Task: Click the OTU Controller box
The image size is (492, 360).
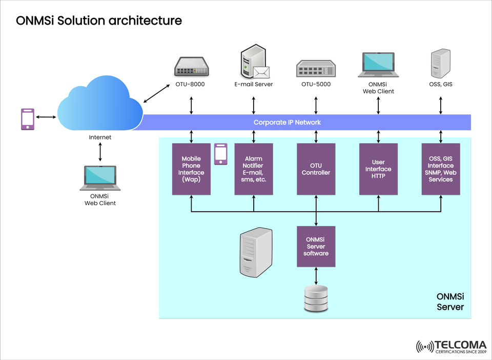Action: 316,169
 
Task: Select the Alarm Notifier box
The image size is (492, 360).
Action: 254,169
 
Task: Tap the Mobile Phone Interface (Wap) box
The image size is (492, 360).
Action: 191,169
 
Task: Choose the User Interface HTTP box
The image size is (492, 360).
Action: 378,169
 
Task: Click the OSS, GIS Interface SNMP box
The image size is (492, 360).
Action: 441,169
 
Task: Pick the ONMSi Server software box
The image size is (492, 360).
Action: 316,246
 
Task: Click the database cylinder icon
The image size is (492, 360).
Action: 316,299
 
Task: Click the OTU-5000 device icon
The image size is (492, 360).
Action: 316,69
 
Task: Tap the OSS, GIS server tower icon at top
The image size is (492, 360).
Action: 440,64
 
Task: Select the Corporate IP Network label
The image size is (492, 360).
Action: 287,123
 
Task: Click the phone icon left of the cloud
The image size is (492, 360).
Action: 28,119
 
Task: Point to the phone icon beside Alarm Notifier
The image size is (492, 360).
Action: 221,154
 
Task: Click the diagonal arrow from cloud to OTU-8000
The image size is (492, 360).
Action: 157,93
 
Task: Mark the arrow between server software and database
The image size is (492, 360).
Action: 316,276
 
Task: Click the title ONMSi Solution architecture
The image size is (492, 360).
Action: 99,21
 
